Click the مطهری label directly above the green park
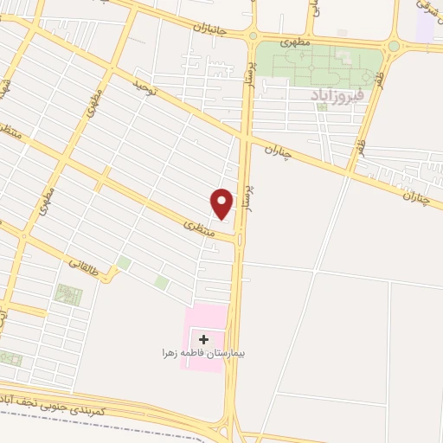(x=296, y=41)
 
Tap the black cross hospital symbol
(x=203, y=339)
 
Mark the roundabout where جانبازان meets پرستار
(x=253, y=35)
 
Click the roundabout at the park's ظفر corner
(x=394, y=46)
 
